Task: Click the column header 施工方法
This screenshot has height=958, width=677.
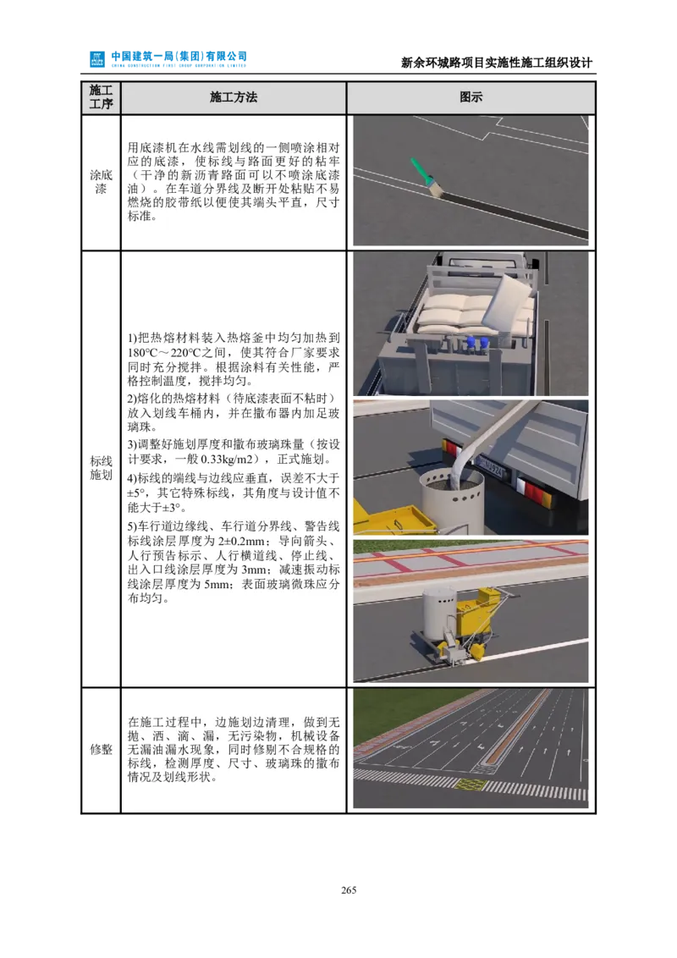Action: pos(234,97)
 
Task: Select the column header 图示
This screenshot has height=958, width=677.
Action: pos(471,97)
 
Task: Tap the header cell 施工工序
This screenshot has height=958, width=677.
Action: pos(101,97)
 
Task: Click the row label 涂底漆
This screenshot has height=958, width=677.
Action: pos(101,182)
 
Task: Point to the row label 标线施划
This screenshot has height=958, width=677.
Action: pos(101,468)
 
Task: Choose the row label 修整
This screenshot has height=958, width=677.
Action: pos(101,750)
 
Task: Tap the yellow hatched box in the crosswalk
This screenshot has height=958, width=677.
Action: pos(467,785)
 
